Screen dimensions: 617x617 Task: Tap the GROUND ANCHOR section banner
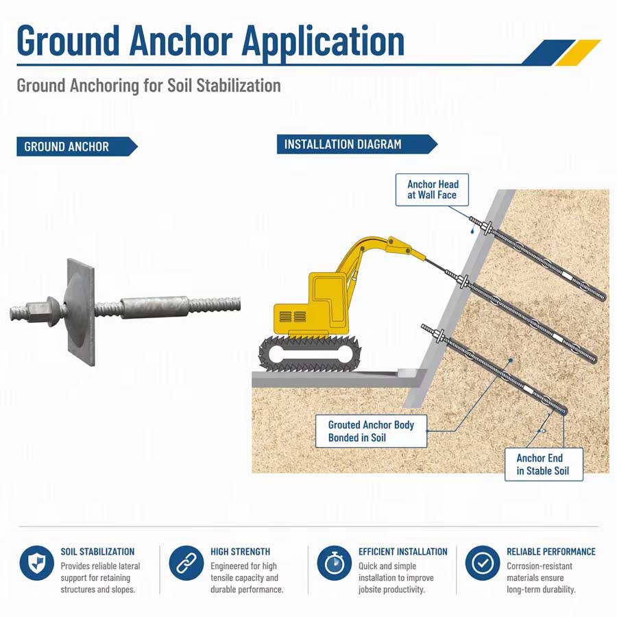77,147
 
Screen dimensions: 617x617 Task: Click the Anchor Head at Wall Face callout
432,190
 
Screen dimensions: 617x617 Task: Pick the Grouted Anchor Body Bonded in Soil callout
371,431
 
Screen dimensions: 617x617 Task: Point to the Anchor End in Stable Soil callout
544,464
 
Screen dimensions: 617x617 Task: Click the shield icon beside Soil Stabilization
36,563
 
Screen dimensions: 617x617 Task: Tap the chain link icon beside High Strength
186,563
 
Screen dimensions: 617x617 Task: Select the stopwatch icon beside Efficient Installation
334,563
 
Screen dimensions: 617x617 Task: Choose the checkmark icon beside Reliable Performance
483,563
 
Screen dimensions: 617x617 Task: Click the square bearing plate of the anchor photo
81,313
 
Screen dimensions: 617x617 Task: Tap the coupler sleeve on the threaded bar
154,307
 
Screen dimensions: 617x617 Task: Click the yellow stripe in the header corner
578,52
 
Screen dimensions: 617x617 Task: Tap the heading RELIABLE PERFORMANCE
551,552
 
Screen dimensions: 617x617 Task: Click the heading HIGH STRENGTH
240,552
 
